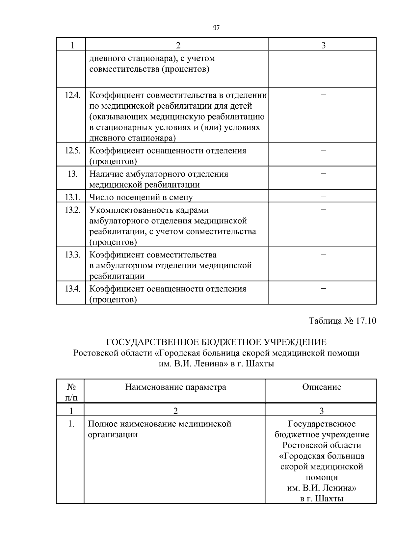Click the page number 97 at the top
coord(216,28)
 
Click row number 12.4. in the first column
coord(72,95)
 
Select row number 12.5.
coord(72,151)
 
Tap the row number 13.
coord(72,174)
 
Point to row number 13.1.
coord(72,197)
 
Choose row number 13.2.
coord(72,210)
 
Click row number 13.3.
coord(72,255)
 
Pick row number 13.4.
coord(72,289)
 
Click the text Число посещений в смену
coord(141,198)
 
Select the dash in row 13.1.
coord(323,197)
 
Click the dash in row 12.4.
coord(323,95)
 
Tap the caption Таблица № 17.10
coord(342,321)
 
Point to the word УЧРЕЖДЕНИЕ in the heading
coord(296,342)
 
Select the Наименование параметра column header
coord(175,387)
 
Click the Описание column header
coord(322,387)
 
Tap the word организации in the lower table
coord(113,435)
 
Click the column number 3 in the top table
coord(323,45)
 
